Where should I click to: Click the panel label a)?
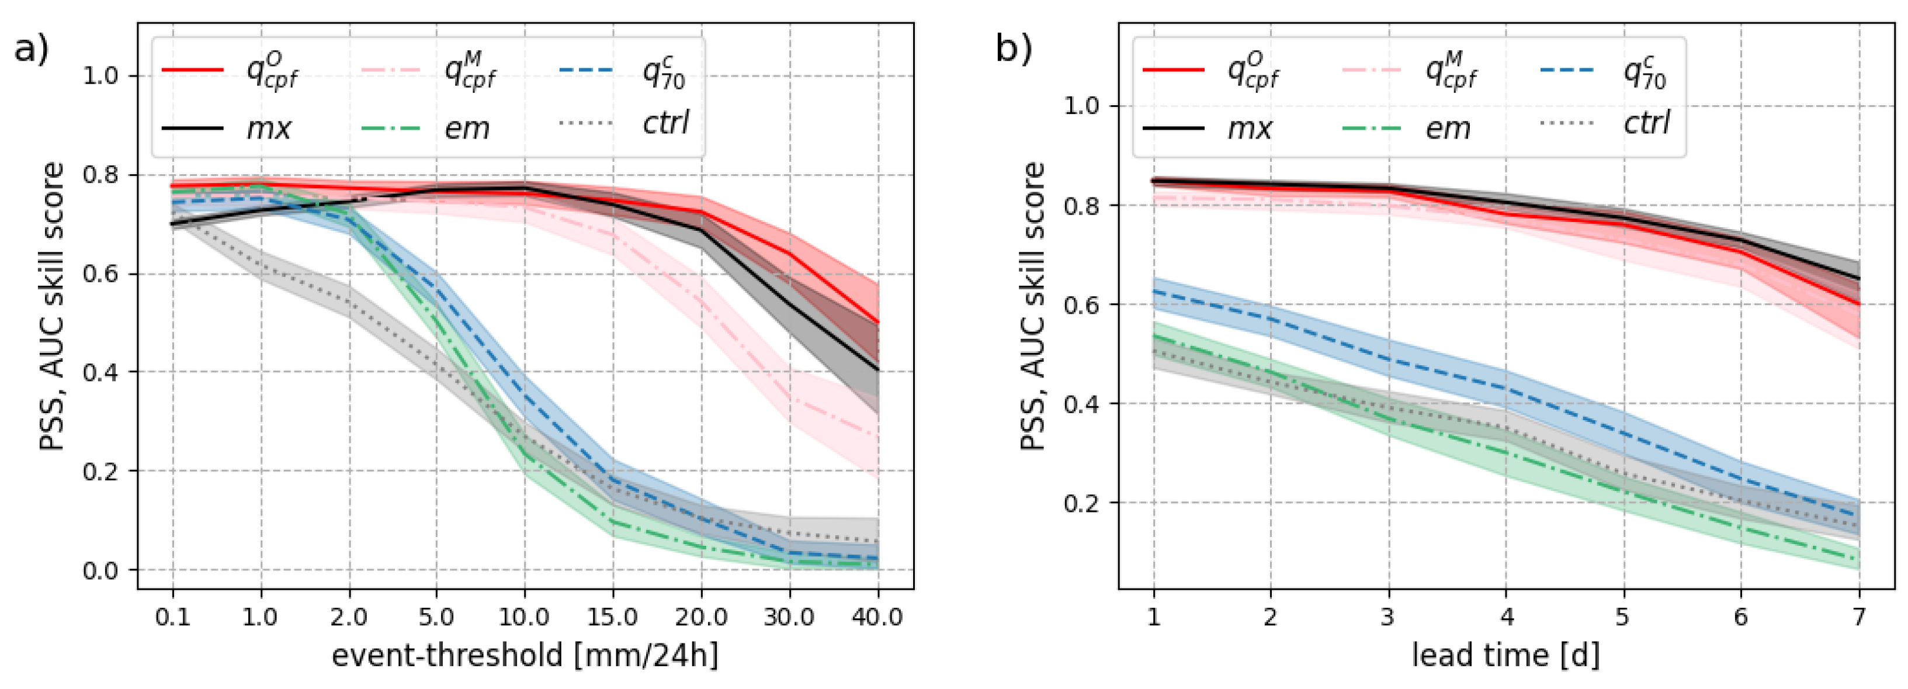click(31, 50)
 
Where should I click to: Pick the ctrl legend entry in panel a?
click(665, 122)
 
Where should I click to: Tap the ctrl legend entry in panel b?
click(1646, 122)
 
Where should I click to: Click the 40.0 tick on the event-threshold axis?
click(877, 617)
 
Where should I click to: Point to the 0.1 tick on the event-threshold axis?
click(172, 617)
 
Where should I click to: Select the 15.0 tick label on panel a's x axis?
click(613, 617)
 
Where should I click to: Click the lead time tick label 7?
click(1858, 617)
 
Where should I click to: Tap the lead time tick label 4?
click(1506, 617)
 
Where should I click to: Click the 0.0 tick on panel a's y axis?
click(100, 570)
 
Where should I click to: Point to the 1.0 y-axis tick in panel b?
click(1081, 106)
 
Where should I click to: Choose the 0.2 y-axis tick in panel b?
click(1081, 503)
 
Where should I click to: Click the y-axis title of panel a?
click(52, 306)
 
